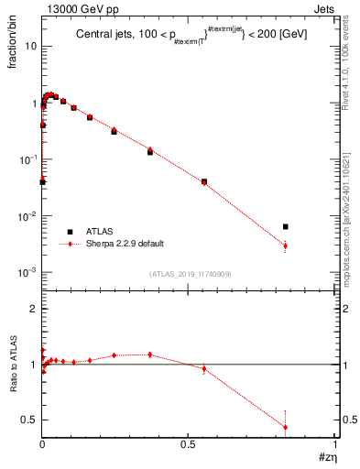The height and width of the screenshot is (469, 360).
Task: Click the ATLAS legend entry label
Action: pos(102,232)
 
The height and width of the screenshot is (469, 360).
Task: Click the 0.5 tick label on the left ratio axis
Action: pos(29,420)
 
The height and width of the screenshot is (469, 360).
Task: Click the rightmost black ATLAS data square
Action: pos(286,226)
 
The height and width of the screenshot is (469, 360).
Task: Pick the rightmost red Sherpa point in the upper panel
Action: pos(286,245)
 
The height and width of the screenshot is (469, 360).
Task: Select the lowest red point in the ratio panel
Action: pos(286,427)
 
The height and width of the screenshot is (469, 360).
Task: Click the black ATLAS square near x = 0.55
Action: pos(204,181)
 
